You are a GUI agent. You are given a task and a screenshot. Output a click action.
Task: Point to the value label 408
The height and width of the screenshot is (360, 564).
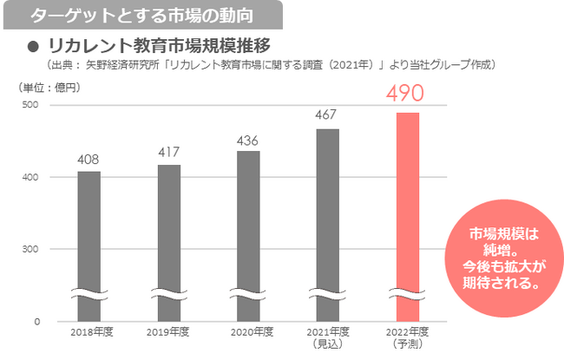coord(89,160)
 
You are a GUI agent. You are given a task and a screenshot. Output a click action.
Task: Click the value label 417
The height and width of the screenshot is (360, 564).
coord(169,153)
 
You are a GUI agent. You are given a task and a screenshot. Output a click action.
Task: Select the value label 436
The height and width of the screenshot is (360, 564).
coord(248,140)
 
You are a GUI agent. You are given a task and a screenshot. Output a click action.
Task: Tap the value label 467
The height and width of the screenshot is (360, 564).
coord(327,116)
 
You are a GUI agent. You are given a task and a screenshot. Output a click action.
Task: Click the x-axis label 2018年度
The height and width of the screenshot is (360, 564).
coord(89,332)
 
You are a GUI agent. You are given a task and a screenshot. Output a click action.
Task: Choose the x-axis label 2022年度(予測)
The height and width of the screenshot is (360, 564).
coord(407,337)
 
